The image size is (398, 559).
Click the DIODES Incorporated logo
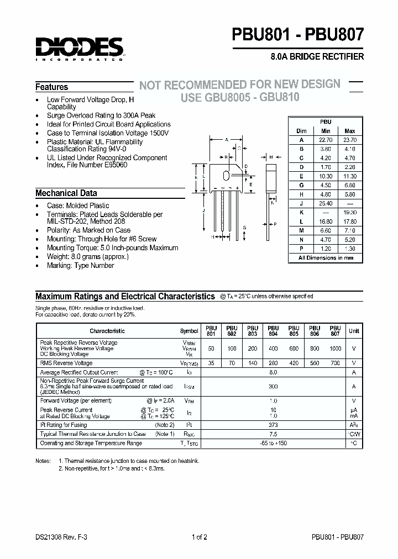[79, 48]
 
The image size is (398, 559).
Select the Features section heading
[52, 87]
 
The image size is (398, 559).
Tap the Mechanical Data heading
[66, 193]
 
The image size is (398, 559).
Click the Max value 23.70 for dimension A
[349, 140]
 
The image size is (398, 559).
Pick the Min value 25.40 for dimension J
[325, 203]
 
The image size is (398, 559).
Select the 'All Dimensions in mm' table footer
[326, 258]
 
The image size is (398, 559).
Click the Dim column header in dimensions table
[301, 131]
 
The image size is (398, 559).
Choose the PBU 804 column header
[273, 330]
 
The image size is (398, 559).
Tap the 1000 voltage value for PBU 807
[336, 349]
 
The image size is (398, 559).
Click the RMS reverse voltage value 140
[252, 363]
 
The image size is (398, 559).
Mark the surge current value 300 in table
[273, 387]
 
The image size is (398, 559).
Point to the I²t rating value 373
[273, 425]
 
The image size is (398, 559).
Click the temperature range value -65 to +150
[273, 443]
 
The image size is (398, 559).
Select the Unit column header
[354, 331]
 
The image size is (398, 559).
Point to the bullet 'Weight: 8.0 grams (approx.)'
[87, 257]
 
